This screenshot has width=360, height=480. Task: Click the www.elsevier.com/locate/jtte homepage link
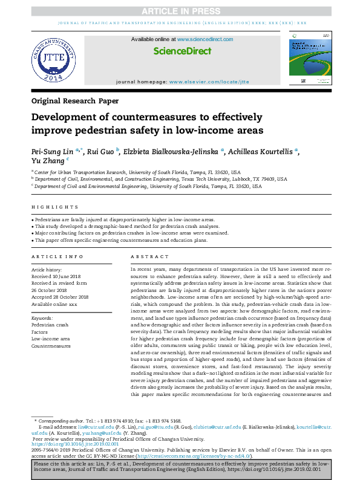[x=209, y=81]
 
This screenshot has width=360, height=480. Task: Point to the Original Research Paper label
[x=75, y=101]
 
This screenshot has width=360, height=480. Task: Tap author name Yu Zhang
[x=47, y=161]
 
